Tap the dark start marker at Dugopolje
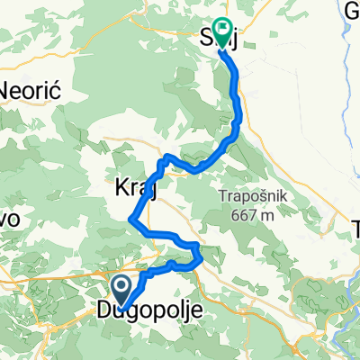[121, 291]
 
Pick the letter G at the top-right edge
[352, 11]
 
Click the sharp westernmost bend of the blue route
[133, 218]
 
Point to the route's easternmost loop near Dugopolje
[199, 255]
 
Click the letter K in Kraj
[121, 189]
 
